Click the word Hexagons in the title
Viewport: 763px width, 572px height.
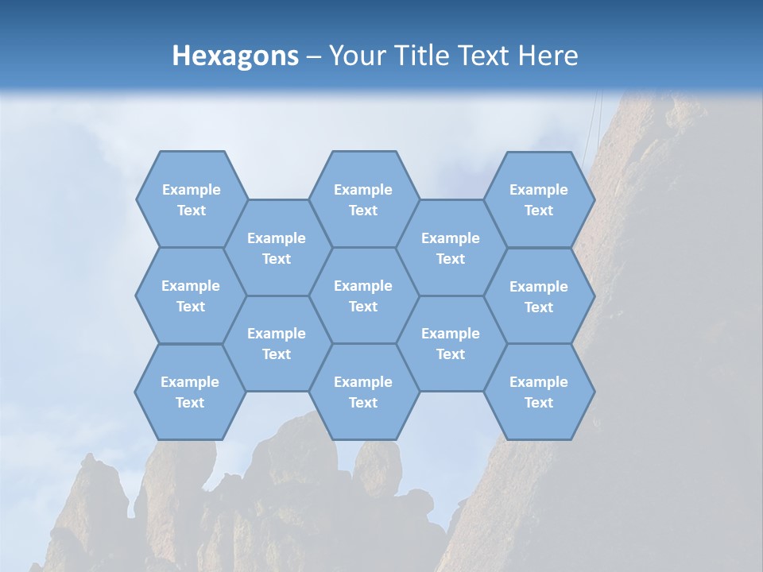pyautogui.click(x=235, y=56)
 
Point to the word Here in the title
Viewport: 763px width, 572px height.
pyautogui.click(x=548, y=56)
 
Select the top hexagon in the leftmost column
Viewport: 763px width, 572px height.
pyautogui.click(x=191, y=199)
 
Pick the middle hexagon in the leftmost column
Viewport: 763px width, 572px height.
pyautogui.click(x=191, y=296)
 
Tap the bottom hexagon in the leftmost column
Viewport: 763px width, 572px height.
pyautogui.click(x=190, y=392)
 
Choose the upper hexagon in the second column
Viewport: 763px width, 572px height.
pyautogui.click(x=277, y=248)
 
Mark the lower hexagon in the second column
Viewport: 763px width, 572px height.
pyautogui.click(x=277, y=343)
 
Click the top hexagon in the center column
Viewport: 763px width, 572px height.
pyautogui.click(x=363, y=199)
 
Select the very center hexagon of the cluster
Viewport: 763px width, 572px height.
pyautogui.click(x=363, y=296)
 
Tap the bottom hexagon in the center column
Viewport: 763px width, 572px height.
pyautogui.click(x=363, y=392)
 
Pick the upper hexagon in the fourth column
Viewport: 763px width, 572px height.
pyautogui.click(x=451, y=248)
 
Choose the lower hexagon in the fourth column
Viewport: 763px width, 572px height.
pyautogui.click(x=451, y=343)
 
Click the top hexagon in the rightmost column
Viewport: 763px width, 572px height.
pyautogui.click(x=539, y=199)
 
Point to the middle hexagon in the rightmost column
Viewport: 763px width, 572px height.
pyautogui.click(x=539, y=296)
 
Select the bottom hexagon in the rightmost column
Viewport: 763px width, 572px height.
pyautogui.click(x=539, y=392)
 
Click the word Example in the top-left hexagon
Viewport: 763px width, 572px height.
pyautogui.click(x=191, y=190)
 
